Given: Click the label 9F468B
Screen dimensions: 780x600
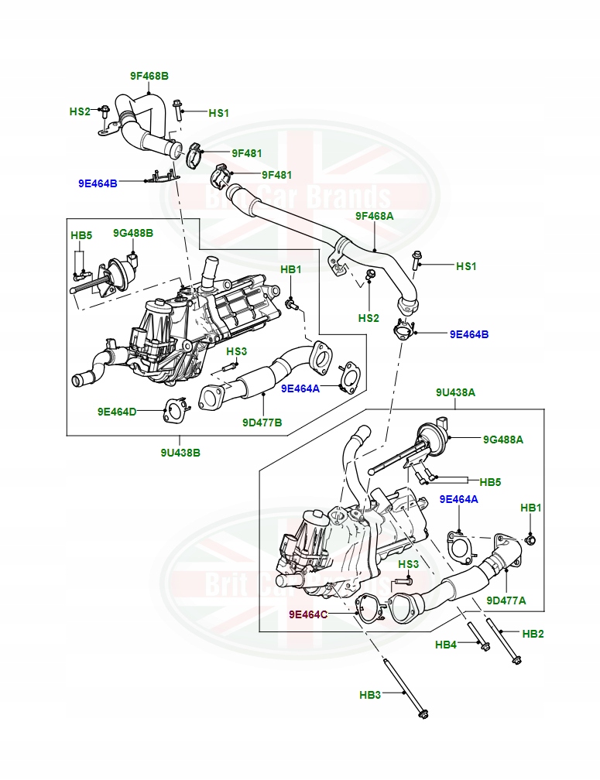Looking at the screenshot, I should pyautogui.click(x=149, y=76).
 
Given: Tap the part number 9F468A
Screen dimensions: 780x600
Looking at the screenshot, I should pyautogui.click(x=374, y=216).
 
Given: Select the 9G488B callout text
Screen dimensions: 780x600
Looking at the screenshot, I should pyautogui.click(x=132, y=233).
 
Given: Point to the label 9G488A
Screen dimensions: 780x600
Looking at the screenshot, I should pyautogui.click(x=502, y=440).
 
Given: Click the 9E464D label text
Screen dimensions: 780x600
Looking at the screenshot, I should pyautogui.click(x=117, y=412).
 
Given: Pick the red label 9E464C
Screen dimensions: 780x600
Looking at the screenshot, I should pyautogui.click(x=308, y=614).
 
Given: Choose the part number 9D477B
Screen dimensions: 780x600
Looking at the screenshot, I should pyautogui.click(x=262, y=422).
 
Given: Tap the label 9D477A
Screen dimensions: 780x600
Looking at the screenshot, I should pyautogui.click(x=506, y=600).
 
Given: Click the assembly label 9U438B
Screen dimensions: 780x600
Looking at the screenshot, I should pyautogui.click(x=180, y=453).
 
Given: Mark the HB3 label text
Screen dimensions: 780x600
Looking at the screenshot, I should pyautogui.click(x=370, y=696).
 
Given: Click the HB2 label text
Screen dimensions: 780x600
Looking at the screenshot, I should pyautogui.click(x=533, y=634).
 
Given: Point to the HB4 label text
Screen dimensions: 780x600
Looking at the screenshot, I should pyautogui.click(x=446, y=645).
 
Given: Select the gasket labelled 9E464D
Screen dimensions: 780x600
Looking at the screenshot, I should pyautogui.click(x=175, y=411).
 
